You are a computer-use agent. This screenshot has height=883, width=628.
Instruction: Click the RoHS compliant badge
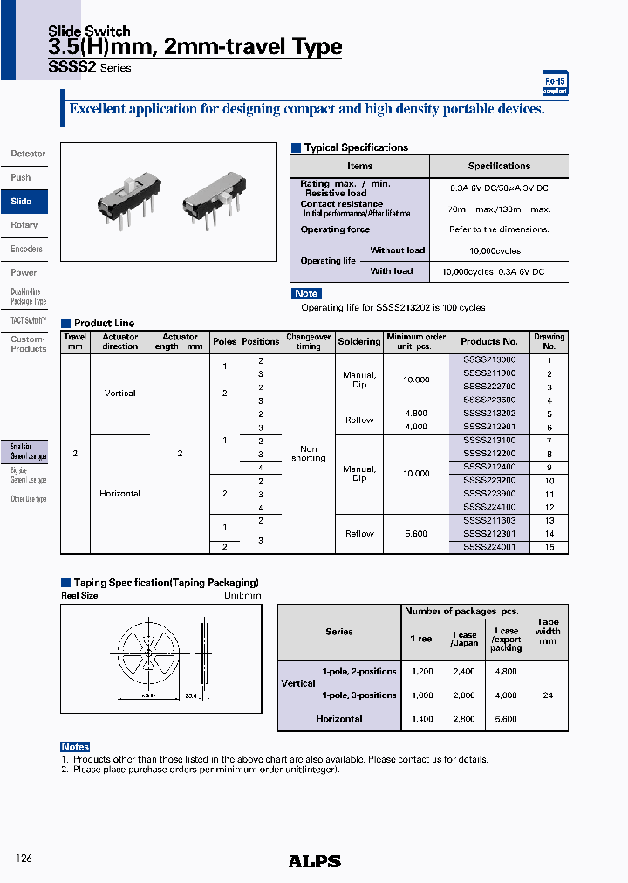click(x=556, y=83)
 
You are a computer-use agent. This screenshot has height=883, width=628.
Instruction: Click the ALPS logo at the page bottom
click(x=314, y=861)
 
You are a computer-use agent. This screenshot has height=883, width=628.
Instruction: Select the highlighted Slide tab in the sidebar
click(x=22, y=202)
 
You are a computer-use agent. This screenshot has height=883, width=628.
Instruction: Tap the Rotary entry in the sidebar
click(x=24, y=225)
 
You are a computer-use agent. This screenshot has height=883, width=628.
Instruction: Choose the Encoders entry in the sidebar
click(x=26, y=249)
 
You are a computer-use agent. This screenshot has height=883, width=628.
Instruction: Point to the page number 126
click(x=24, y=859)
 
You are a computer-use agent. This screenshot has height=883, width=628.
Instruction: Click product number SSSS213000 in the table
click(x=489, y=359)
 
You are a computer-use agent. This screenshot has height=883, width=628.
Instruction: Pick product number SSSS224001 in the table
click(x=489, y=547)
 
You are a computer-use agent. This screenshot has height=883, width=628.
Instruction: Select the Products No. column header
click(x=489, y=341)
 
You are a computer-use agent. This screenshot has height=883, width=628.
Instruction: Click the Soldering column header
click(x=359, y=341)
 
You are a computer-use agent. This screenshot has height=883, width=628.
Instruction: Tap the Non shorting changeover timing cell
click(x=308, y=453)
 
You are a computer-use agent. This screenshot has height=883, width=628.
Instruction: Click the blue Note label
click(x=306, y=293)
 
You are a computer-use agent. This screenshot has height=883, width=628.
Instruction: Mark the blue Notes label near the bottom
click(x=75, y=747)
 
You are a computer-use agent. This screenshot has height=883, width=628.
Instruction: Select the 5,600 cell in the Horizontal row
click(x=506, y=719)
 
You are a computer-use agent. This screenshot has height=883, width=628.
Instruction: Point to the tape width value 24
click(x=548, y=695)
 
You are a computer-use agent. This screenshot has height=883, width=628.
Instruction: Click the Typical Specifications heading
click(x=355, y=147)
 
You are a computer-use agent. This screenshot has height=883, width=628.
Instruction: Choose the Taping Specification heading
click(x=166, y=582)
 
